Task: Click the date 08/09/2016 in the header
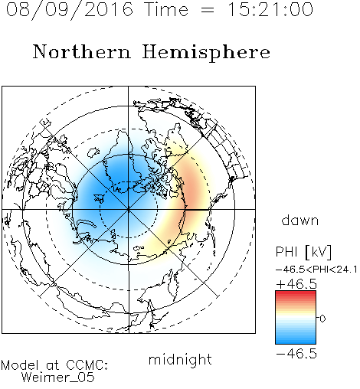[70, 10]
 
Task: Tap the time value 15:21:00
[270, 9]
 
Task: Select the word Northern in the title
[82, 51]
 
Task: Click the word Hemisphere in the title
[206, 53]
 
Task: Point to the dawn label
[300, 220]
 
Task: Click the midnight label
[180, 359]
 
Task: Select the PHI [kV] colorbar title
[303, 252]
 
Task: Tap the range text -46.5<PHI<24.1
[316, 270]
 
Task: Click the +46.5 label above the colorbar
[296, 284]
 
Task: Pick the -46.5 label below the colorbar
[296, 354]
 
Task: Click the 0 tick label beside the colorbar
[322, 319]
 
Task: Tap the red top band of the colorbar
[296, 293]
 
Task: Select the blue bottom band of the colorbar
[296, 341]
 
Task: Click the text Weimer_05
[58, 377]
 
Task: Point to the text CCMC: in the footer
[87, 365]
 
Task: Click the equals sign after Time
[208, 10]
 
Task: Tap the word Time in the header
[166, 9]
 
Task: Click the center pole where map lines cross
[129, 209]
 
